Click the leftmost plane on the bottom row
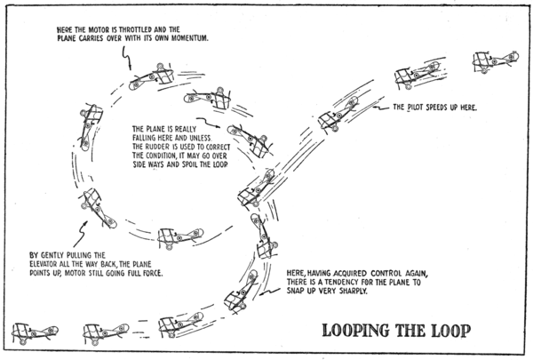(30, 332)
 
